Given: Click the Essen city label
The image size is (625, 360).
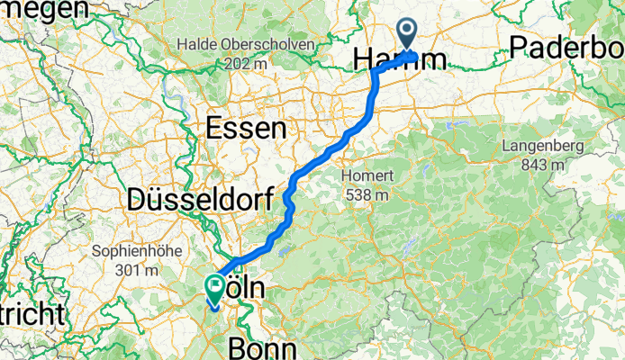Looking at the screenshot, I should (246, 129).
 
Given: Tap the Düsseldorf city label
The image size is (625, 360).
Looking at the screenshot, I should (199, 200).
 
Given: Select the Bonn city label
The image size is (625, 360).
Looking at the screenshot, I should (262, 347).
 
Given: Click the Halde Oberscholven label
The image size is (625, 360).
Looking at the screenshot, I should (245, 44).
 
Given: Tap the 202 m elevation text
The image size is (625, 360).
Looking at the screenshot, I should (245, 64).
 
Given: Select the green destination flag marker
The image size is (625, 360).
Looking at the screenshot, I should (216, 288).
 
